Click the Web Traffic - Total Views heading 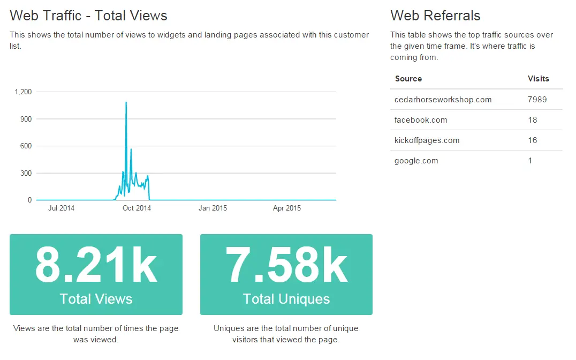(x=88, y=16)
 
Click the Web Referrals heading (x=435, y=16)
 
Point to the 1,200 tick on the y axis (x=23, y=92)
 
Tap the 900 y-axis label (x=25, y=119)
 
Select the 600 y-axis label (x=25, y=146)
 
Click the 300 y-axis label (x=25, y=173)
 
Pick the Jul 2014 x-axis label (x=61, y=208)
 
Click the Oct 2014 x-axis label (x=137, y=208)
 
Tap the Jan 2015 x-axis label (x=213, y=208)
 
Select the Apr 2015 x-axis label (x=287, y=208)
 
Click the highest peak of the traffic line (x=126, y=102)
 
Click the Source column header (x=408, y=79)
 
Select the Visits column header (x=538, y=79)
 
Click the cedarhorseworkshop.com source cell (x=443, y=100)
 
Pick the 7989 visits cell (x=537, y=100)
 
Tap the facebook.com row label (x=421, y=120)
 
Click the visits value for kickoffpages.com (x=532, y=140)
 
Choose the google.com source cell (x=416, y=161)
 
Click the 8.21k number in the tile (x=96, y=265)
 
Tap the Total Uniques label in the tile (x=286, y=299)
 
